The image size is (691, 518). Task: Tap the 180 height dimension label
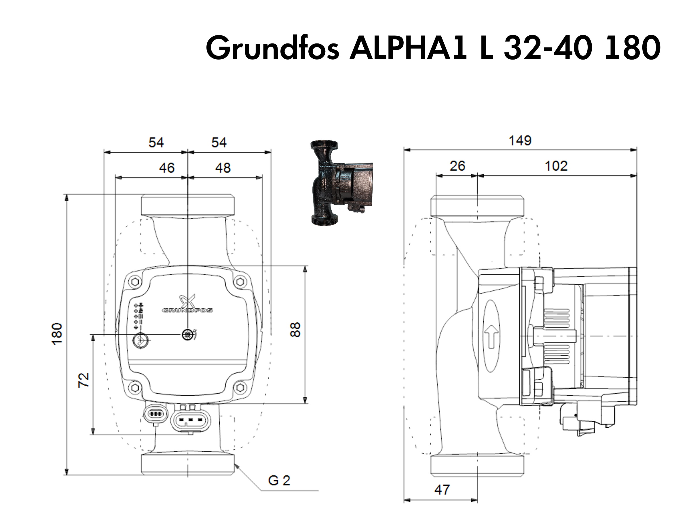pos(57,334)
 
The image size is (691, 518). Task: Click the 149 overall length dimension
pos(520,141)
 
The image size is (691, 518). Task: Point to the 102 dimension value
pos(556,166)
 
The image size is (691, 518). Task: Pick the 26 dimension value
pos(457,166)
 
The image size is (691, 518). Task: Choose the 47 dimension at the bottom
pos(442,490)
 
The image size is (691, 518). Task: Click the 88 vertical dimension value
pos(295,330)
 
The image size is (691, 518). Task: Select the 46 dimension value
pos(166,168)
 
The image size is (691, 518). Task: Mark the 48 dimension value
pos(223,168)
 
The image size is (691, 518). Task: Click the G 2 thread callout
pos(279,481)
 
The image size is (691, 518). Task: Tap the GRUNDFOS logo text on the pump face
pos(187,311)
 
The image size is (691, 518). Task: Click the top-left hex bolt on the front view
pos(135,282)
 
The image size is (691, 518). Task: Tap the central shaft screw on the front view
pos(187,335)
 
